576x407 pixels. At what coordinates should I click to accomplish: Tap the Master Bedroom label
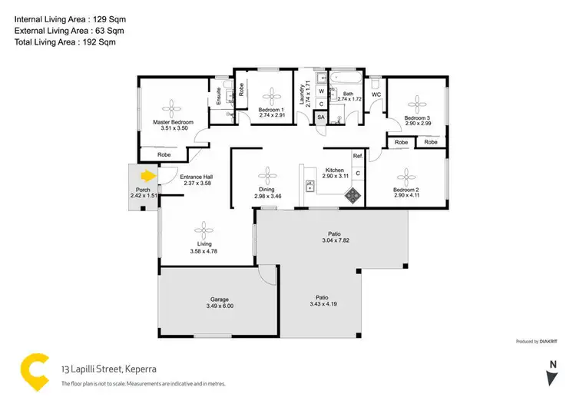(172, 122)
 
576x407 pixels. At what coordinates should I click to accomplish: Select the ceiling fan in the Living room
(204, 228)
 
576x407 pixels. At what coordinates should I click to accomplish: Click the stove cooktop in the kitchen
(353, 195)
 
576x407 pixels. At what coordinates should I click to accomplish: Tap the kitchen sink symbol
(310, 184)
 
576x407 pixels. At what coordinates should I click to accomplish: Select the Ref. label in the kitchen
(357, 157)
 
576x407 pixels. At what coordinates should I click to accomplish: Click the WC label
(376, 95)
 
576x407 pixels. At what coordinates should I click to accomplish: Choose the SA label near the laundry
(320, 117)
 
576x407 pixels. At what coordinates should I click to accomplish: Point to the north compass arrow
(551, 376)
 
